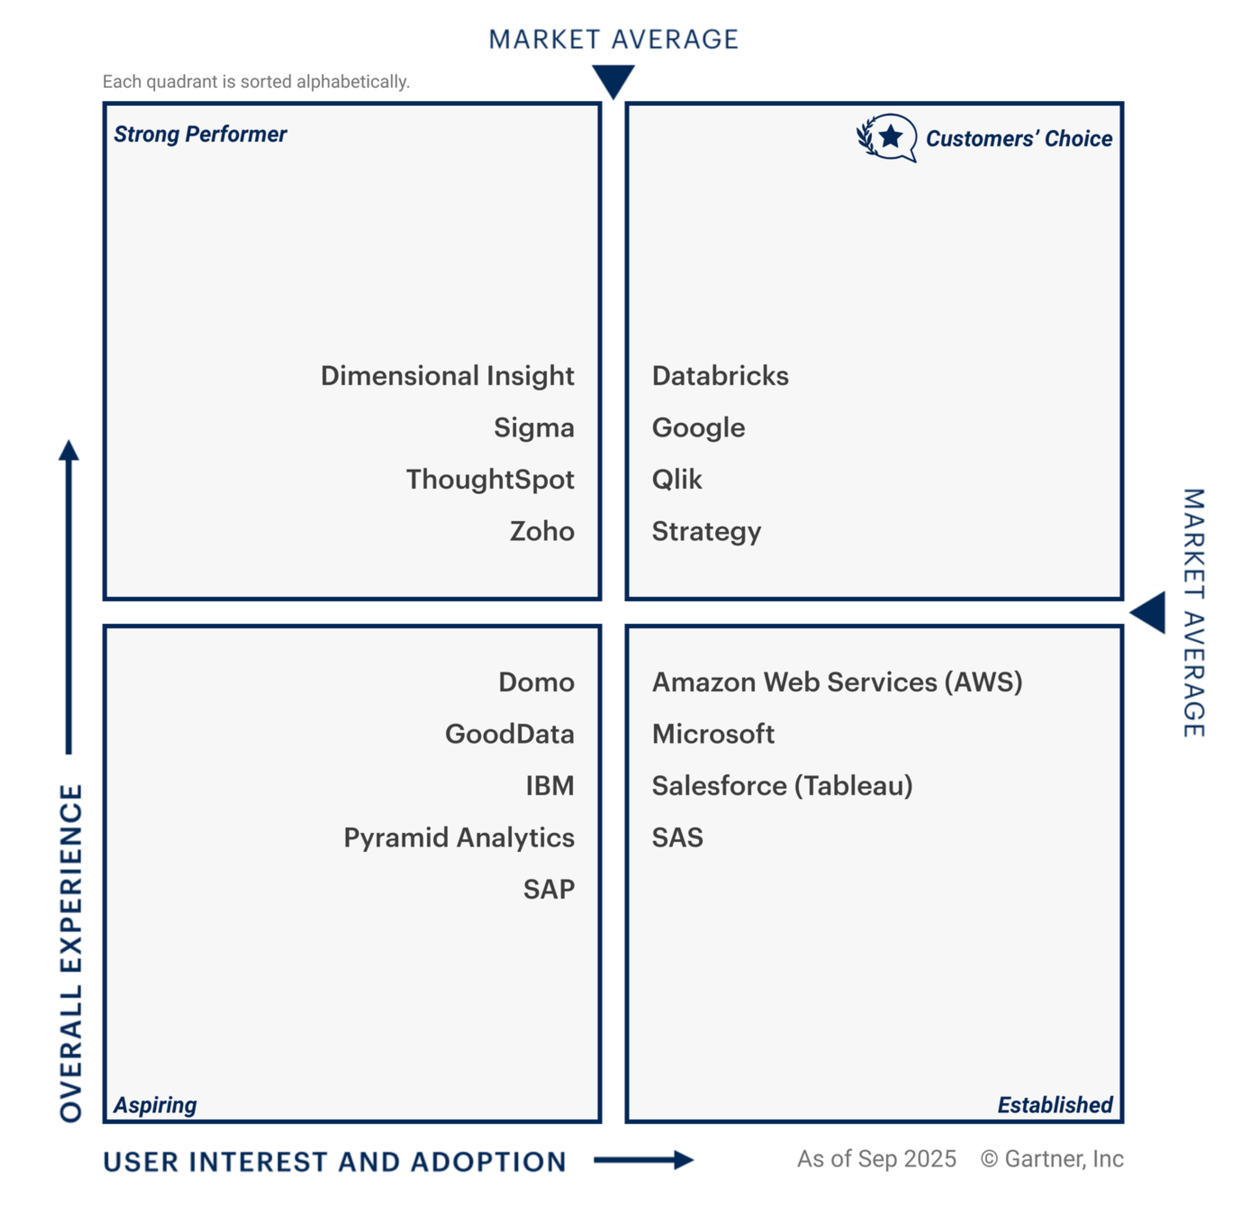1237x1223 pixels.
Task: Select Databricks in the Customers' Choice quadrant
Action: pyautogui.click(x=720, y=376)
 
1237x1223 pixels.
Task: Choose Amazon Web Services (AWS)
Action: pyautogui.click(x=836, y=682)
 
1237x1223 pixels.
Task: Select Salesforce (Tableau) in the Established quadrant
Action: pyautogui.click(x=782, y=786)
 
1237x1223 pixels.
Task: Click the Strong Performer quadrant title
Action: pyautogui.click(x=200, y=135)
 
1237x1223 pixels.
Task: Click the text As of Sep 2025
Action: pyautogui.click(x=876, y=1159)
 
